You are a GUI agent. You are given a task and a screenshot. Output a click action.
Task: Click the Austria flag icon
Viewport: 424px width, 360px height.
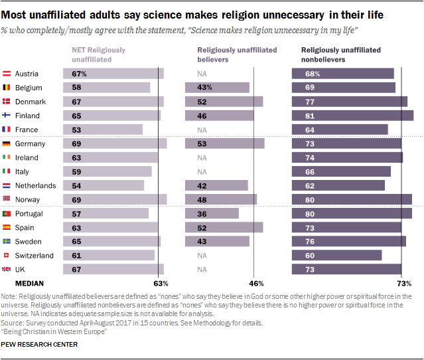(7, 74)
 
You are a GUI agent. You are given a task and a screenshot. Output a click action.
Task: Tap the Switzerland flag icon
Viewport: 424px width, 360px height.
(7, 256)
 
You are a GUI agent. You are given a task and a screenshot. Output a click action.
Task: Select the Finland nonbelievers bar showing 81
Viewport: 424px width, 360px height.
(352, 116)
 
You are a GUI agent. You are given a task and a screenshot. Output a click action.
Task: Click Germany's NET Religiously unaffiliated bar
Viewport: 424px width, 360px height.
(114, 144)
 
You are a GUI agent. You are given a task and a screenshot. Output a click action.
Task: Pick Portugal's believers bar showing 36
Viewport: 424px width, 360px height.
(212, 214)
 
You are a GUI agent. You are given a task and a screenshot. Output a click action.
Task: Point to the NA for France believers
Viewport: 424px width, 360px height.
(202, 130)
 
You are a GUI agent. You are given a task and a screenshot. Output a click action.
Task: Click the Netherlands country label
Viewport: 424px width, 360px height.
(35, 186)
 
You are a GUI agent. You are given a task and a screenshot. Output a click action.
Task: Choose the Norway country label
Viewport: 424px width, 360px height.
(27, 200)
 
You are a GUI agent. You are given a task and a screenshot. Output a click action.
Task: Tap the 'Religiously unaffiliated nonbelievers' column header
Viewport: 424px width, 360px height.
(340, 54)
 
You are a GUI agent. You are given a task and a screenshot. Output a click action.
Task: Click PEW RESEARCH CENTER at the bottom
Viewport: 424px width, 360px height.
(39, 344)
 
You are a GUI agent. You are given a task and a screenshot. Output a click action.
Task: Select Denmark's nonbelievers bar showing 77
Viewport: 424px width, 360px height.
(349, 102)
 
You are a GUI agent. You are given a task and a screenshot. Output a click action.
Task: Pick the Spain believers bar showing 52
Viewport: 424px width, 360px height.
(224, 228)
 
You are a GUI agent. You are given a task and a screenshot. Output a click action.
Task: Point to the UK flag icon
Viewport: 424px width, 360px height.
(7, 270)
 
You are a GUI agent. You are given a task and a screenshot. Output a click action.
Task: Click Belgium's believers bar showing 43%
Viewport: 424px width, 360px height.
(217, 88)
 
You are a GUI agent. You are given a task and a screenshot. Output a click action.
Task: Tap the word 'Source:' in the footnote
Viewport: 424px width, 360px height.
(12, 323)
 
